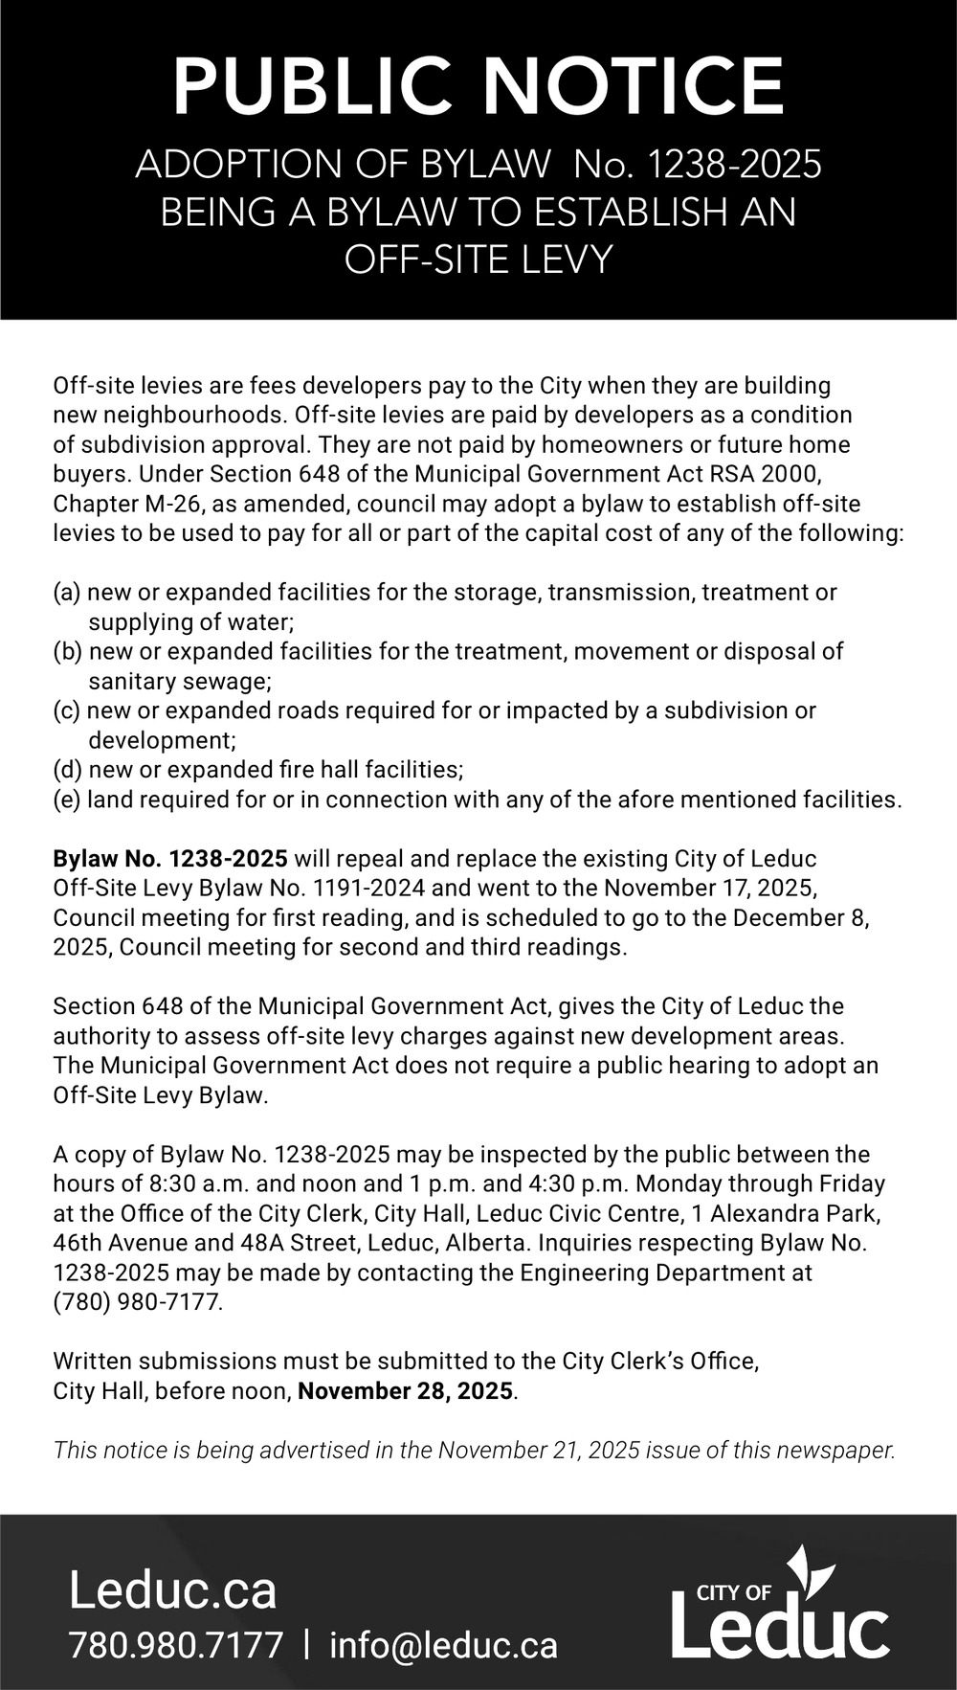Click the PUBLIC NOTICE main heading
pyautogui.click(x=478, y=85)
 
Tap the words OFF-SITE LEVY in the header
pyautogui.click(x=478, y=259)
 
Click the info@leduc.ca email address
pyautogui.click(x=443, y=1645)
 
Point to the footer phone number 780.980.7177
pyautogui.click(x=176, y=1645)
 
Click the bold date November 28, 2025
pyautogui.click(x=407, y=1390)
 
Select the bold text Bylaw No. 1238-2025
pyautogui.click(x=170, y=858)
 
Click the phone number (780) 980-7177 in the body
pyautogui.click(x=138, y=1302)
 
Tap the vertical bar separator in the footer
pyautogui.click(x=306, y=1645)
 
